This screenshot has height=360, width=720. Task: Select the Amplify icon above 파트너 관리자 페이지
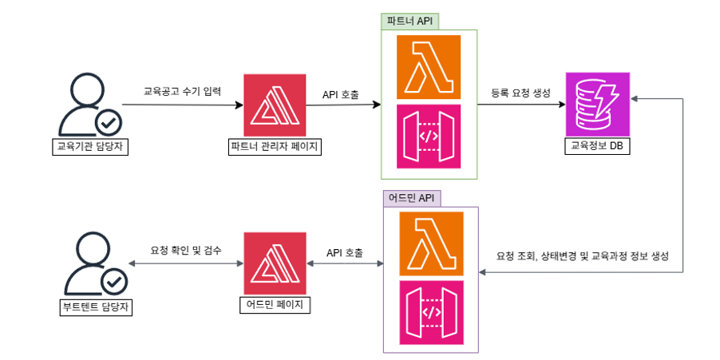tap(275, 105)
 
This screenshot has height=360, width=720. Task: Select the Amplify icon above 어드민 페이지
tap(275, 264)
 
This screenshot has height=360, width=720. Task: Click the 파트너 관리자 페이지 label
tap(275, 146)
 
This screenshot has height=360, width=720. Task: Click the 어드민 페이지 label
tap(275, 305)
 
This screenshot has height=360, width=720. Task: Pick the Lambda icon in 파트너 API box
tap(429, 67)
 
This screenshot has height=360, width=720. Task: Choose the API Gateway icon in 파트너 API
tap(429, 136)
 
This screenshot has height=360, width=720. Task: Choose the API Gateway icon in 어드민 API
tap(430, 312)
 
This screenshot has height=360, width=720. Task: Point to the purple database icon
tap(597, 104)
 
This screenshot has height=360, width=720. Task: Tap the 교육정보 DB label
tap(597, 145)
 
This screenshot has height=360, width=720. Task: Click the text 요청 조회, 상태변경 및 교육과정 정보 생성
tap(582, 256)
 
